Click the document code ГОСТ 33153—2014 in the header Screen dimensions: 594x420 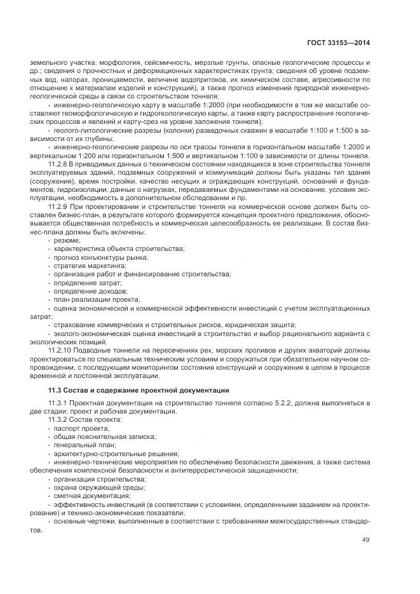pos(338,43)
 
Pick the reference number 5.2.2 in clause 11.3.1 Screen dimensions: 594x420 pos(271,403)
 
